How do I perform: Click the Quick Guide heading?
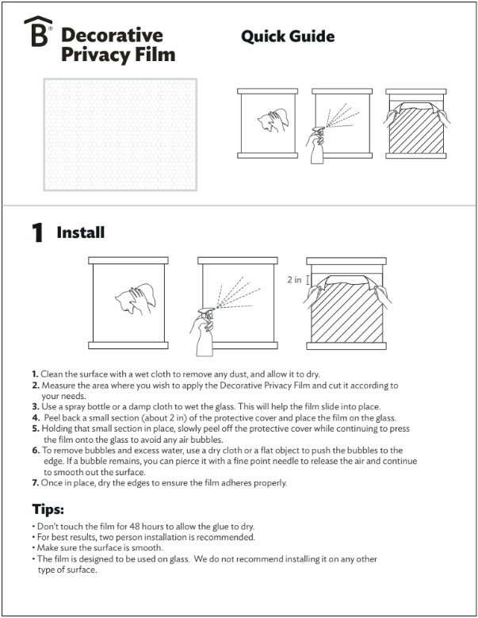click(x=287, y=36)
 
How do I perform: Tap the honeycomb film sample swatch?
click(x=120, y=134)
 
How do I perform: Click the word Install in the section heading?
click(x=80, y=233)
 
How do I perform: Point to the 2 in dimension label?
click(x=293, y=280)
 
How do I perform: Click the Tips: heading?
click(x=48, y=509)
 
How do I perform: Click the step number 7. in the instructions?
click(x=36, y=483)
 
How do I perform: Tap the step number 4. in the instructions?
click(x=36, y=418)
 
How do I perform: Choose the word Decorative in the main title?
click(x=112, y=36)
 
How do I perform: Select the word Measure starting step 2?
click(x=60, y=386)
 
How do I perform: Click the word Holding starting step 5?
click(x=60, y=428)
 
